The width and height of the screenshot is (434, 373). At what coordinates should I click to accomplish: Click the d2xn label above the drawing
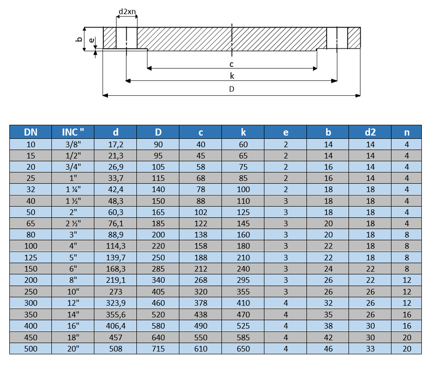[127, 11]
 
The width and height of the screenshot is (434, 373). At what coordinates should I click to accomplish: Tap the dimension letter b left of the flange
[79, 40]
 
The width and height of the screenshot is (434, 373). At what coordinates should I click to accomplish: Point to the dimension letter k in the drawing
[232, 76]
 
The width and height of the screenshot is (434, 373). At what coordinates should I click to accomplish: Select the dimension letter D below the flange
[232, 89]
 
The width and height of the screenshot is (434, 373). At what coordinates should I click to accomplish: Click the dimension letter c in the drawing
[231, 64]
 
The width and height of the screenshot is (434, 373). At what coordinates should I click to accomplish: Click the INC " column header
[72, 132]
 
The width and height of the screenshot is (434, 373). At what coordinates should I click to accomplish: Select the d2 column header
[370, 132]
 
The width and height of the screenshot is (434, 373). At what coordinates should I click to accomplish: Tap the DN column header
[31, 132]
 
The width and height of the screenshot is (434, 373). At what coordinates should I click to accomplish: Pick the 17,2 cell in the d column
[115, 144]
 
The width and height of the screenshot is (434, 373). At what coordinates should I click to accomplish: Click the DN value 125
[31, 258]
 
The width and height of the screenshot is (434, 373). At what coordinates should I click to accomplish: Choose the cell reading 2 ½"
[72, 223]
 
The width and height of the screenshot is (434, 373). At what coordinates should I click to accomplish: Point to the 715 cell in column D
[158, 348]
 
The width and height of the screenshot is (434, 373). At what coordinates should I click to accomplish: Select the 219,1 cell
[115, 280]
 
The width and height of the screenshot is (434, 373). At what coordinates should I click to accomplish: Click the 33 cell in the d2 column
[370, 348]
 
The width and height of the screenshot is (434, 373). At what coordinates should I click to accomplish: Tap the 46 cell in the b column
[328, 348]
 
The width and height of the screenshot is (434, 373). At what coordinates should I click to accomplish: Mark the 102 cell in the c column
[201, 212]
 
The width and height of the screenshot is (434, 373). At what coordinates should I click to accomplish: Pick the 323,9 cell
[115, 303]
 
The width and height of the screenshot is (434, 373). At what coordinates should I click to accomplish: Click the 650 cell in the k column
[243, 348]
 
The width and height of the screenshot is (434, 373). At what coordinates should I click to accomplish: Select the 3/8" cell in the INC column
[72, 144]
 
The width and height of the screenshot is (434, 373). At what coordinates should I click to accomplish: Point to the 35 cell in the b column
[328, 314]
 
